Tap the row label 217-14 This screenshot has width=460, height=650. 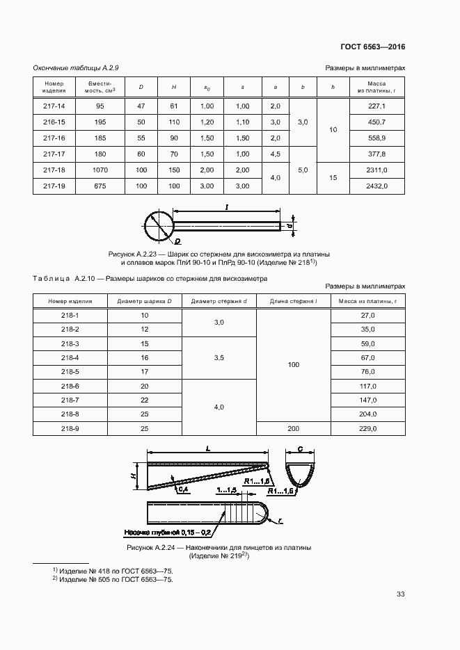point(54,106)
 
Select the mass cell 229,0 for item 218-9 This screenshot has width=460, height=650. point(367,429)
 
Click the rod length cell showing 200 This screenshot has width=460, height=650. point(292,429)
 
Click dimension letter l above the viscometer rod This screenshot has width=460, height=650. point(227,206)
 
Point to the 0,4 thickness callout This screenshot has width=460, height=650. point(183,489)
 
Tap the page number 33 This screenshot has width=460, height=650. point(400,594)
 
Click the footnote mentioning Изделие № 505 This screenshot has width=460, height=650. point(113,579)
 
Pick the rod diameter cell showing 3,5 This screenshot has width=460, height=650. point(219,358)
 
